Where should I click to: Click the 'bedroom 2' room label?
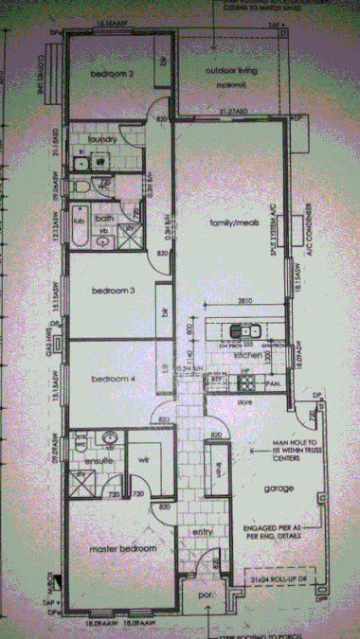(112, 73)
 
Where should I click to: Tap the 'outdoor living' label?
(230, 71)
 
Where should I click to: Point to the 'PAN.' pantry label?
(270, 383)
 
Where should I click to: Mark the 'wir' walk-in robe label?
(146, 460)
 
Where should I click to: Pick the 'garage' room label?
(277, 489)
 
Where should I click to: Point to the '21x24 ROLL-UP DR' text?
(275, 576)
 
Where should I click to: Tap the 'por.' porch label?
(203, 596)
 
